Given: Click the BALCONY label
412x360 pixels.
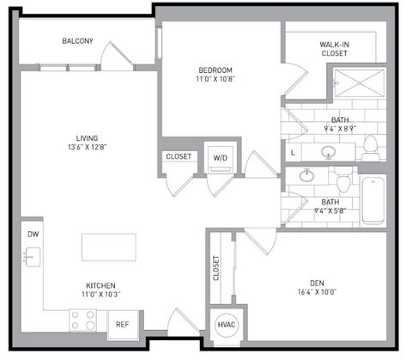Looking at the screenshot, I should coord(77,41).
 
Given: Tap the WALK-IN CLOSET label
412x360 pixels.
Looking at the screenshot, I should coord(334,47).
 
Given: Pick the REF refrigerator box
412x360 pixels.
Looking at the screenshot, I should coord(122,324).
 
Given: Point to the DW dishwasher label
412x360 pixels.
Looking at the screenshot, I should coord(33,234).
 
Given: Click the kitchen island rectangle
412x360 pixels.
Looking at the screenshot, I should coord(109,247).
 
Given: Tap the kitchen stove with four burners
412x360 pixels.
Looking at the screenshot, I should coord(83,320).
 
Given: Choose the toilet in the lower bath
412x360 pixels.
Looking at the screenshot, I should coord(342,182).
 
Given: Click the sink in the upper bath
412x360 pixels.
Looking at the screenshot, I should coord(328,153).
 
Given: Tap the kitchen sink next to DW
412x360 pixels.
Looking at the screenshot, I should coord(32,257).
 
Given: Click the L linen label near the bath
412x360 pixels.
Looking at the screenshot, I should coord(294,152).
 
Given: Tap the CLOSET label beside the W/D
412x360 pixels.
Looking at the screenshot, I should coord(179,157).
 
